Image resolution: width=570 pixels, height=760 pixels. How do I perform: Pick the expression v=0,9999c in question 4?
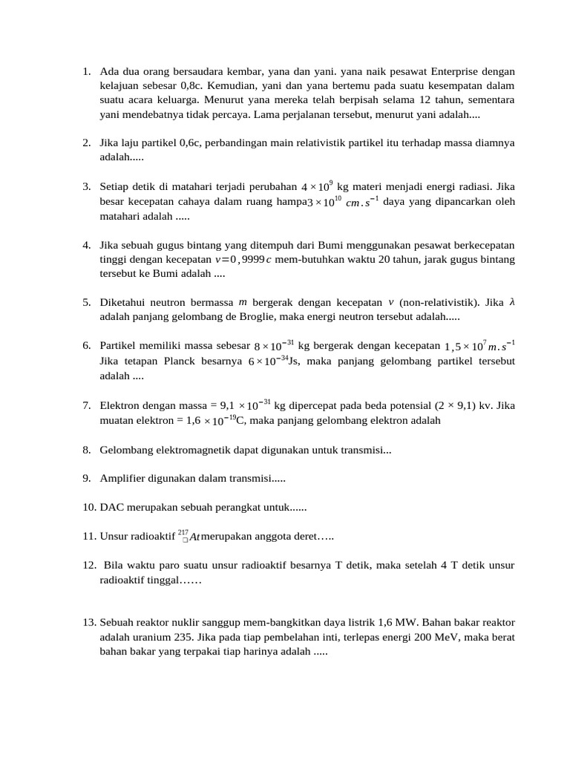(244, 259)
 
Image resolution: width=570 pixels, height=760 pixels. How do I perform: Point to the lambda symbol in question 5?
(511, 302)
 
